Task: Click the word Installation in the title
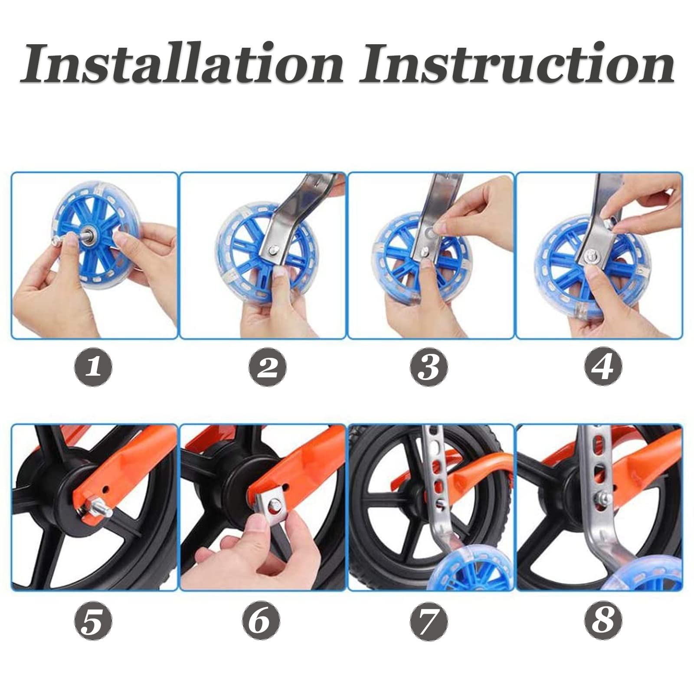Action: [182, 63]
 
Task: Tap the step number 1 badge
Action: [93, 367]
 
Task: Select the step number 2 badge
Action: [267, 367]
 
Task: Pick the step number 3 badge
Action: [430, 367]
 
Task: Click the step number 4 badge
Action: [603, 367]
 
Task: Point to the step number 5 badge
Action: [93, 621]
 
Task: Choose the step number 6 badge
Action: [261, 621]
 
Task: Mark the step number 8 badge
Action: [603, 621]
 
